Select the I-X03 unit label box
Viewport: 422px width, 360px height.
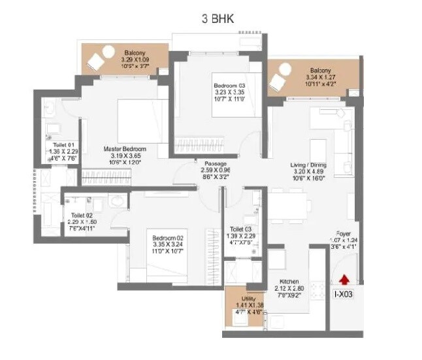346,295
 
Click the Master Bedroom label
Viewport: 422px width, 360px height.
124,149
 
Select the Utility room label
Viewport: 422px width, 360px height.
242,297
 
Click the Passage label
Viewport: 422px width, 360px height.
215,163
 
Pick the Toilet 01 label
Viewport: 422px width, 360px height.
64,145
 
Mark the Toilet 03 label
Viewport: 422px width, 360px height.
241,229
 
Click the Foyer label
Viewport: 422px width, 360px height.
346,233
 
